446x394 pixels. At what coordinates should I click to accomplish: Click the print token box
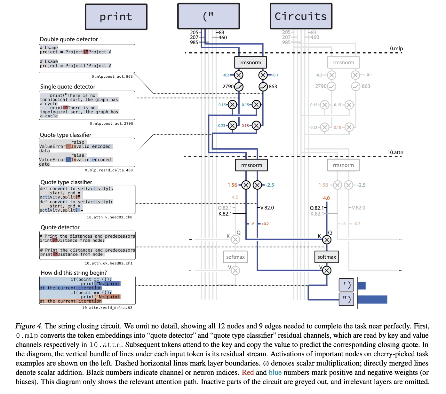(116, 17)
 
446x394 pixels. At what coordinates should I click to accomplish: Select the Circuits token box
(301, 16)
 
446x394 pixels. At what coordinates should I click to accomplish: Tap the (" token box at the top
(208, 16)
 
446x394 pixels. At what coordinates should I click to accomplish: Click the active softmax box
(327, 257)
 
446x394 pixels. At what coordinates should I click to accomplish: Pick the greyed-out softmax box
(235, 257)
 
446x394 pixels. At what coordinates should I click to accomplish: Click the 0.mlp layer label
(396, 49)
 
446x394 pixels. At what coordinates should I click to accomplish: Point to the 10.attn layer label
(395, 152)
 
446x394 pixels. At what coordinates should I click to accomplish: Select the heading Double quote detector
(69, 39)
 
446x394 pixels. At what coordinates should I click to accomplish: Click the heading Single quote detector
(68, 87)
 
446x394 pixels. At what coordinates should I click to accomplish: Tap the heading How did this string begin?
(74, 272)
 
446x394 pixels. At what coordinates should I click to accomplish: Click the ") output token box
(346, 299)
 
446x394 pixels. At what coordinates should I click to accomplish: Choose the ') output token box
(346, 285)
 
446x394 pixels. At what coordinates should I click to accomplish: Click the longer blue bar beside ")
(372, 299)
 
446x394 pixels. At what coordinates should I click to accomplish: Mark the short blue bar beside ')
(362, 285)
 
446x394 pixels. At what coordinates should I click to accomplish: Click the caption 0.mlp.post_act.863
(112, 77)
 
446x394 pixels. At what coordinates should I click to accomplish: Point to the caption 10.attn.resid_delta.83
(107, 308)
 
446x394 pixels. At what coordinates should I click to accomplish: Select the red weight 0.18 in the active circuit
(245, 126)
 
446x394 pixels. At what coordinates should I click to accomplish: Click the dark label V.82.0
(267, 208)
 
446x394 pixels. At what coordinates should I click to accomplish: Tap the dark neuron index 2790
(228, 87)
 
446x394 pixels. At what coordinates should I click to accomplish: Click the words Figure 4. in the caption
(29, 326)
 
